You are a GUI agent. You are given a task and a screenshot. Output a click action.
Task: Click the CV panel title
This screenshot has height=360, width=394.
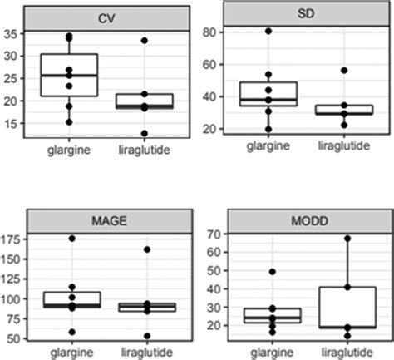point(106,17)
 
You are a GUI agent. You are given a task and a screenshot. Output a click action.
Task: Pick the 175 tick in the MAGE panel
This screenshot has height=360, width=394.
point(12,239)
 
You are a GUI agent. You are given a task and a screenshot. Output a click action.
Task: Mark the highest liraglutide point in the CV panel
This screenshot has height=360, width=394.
point(145,40)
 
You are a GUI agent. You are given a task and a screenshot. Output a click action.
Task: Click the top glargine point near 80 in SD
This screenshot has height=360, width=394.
point(268,32)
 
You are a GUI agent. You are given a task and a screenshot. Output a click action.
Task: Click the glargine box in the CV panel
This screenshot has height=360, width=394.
point(69,76)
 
